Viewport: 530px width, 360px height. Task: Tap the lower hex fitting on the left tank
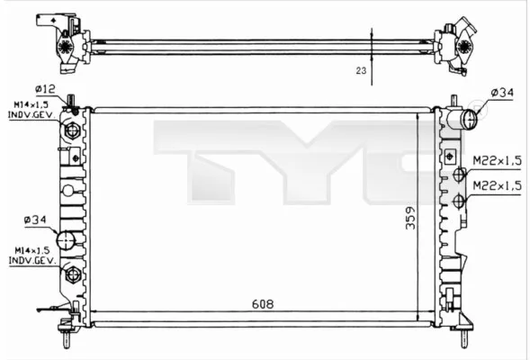(x=73, y=274)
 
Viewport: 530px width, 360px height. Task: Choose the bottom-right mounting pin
(x=464, y=340)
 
